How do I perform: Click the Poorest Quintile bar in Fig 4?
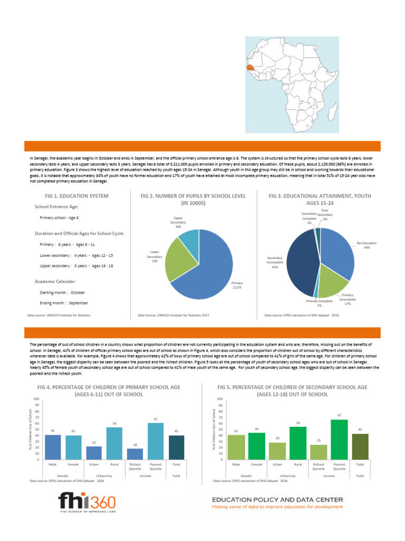point(156,441)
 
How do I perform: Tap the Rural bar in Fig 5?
point(298,443)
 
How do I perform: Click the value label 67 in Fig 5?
point(339,415)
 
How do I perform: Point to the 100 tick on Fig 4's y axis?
point(35,399)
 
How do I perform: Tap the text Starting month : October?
point(62,292)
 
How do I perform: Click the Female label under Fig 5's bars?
point(257,464)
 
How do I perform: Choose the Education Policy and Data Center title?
point(277,499)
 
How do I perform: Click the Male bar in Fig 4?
point(53,447)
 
